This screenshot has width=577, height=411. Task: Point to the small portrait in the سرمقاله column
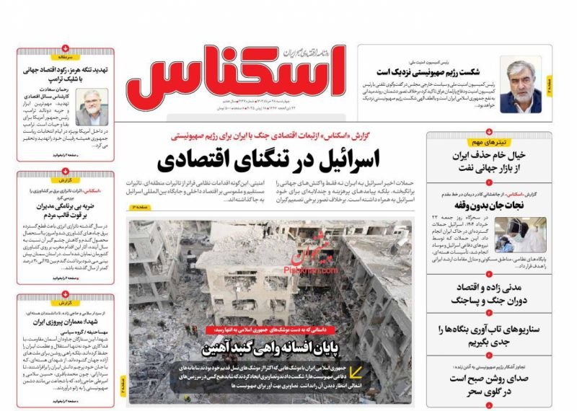tap(92, 107)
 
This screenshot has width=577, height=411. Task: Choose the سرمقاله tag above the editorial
tap(66, 56)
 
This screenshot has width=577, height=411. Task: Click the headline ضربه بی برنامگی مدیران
tap(66, 218)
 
